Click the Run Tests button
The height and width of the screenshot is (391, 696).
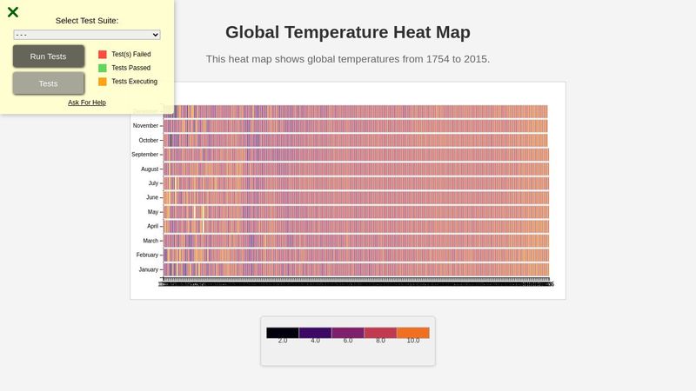[x=49, y=56]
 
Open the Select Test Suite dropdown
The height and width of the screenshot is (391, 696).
[x=87, y=35]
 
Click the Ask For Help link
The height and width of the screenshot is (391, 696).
[x=87, y=103]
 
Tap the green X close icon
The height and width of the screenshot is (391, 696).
[x=13, y=12]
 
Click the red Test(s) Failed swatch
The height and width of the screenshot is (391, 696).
[x=103, y=54]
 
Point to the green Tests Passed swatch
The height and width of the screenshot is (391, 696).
[x=103, y=68]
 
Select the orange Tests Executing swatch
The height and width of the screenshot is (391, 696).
[x=103, y=82]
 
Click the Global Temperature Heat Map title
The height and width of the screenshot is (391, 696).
[x=348, y=33]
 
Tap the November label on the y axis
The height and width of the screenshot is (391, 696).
[x=145, y=126]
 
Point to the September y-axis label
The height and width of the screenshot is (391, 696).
[x=144, y=155]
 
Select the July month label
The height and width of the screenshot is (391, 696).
[x=153, y=183]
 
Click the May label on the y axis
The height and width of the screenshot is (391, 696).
[x=153, y=212]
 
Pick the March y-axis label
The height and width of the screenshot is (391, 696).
[x=151, y=241]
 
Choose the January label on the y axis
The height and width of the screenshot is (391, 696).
[x=148, y=269]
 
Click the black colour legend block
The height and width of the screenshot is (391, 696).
[x=283, y=333]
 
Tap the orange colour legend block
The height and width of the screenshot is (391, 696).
[x=413, y=333]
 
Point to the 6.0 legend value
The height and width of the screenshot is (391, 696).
[x=348, y=341]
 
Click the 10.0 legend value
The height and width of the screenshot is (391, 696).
[x=413, y=341]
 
